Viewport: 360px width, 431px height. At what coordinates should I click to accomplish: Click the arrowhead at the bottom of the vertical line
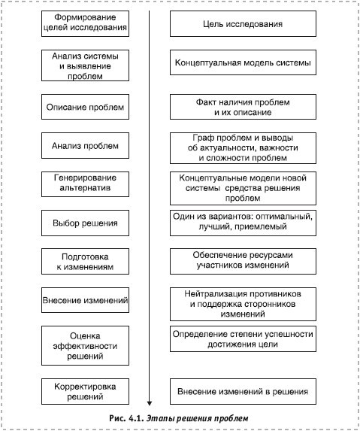150,402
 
